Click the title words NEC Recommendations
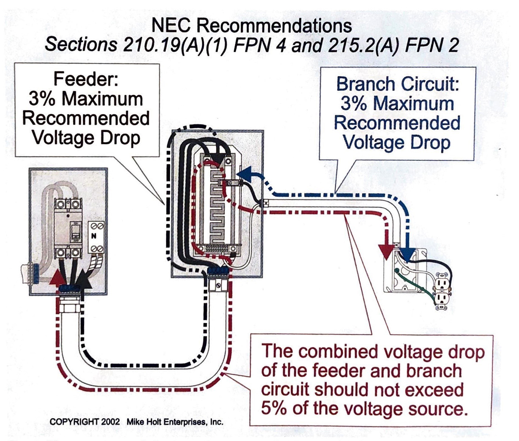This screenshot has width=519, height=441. [x=252, y=25]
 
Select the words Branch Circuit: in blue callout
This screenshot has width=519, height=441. [x=398, y=84]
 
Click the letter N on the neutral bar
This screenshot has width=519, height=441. [x=94, y=236]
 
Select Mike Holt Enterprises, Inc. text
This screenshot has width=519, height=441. [x=175, y=422]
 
